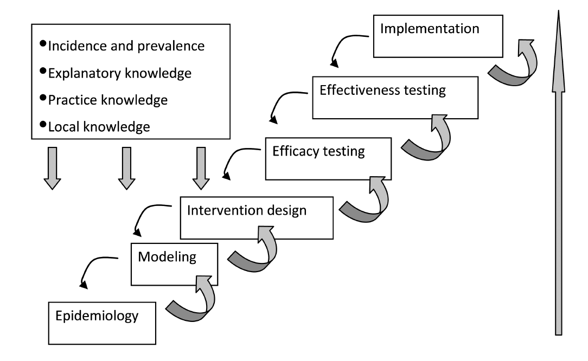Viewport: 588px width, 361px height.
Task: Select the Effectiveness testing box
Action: [x=395, y=97]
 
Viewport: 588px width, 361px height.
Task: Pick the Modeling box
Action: [x=174, y=263]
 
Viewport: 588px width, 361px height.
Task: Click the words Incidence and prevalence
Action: [x=126, y=46]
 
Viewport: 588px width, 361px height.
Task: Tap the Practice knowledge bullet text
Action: [x=107, y=100]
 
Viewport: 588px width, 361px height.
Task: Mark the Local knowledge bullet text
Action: [x=99, y=127]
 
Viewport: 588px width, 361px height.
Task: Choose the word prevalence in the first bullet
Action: [x=174, y=46]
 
